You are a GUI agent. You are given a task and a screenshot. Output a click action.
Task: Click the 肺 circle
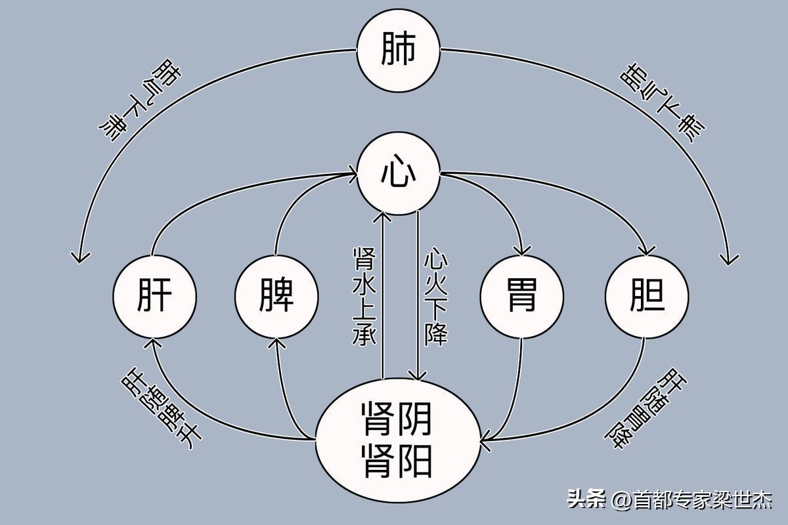click(398, 51)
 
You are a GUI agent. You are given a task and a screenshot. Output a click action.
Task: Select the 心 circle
click(398, 175)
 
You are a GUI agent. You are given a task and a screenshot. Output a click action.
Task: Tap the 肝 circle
click(155, 297)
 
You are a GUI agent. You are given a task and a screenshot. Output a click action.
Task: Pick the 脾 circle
click(276, 297)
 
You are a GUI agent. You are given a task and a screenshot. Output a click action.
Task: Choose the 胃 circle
click(521, 297)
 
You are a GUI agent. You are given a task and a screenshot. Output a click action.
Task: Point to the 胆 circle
click(646, 297)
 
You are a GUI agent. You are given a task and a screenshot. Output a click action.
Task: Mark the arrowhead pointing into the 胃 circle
click(523, 251)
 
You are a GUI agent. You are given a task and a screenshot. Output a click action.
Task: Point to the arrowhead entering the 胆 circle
click(647, 251)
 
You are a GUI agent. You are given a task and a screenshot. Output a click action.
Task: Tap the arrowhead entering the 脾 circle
click(278, 342)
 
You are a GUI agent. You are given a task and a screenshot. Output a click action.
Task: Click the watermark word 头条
click(587, 499)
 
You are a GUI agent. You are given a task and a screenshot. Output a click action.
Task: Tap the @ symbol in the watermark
click(621, 500)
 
